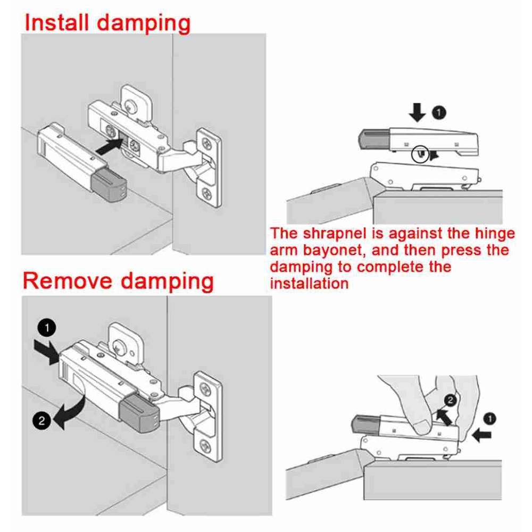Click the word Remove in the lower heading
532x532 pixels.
pyautogui.click(x=68, y=281)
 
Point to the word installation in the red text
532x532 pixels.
pyautogui.click(x=309, y=284)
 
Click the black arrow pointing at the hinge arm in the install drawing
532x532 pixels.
pyautogui.click(x=109, y=146)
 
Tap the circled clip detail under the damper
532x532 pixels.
pyautogui.click(x=420, y=154)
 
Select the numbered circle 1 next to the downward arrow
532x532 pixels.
pyautogui.click(x=439, y=112)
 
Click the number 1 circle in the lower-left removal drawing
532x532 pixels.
pyautogui.click(x=46, y=328)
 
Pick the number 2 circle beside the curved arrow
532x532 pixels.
pyautogui.click(x=41, y=421)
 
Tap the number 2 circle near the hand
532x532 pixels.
pyautogui.click(x=450, y=401)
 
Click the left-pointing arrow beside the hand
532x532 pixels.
pyautogui.click(x=482, y=435)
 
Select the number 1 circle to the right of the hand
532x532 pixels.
pyautogui.click(x=489, y=419)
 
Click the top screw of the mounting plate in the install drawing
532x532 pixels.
pyautogui.click(x=206, y=144)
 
